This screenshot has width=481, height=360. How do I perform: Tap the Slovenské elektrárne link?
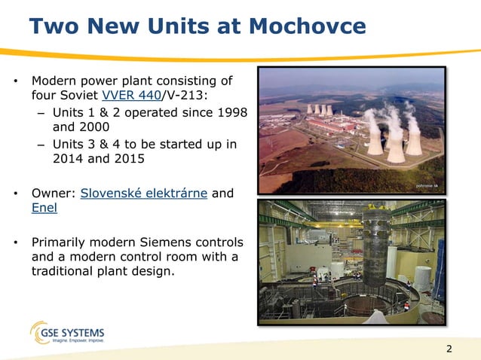point(144,193)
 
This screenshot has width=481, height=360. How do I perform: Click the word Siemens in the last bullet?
point(182,243)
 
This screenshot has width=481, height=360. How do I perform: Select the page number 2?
point(450,348)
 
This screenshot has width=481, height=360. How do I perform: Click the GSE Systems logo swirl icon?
point(41,332)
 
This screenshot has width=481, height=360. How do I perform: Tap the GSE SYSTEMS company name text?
point(78,331)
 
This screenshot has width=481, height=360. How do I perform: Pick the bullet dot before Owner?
point(15,194)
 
